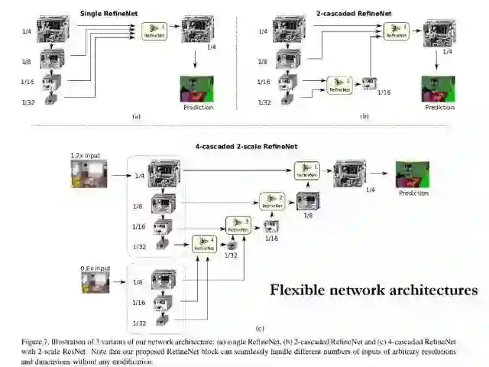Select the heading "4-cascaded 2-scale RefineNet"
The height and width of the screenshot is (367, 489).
pos(243,145)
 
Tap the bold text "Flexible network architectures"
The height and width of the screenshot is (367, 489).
pos(374,290)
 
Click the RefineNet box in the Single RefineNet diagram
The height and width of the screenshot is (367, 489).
pos(154,31)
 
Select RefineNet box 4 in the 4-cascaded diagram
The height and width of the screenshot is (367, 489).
pos(204,244)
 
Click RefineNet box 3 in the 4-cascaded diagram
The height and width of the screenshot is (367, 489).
pos(237,225)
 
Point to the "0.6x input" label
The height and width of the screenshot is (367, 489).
pos(95,268)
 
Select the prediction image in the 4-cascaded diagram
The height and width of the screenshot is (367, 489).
pos(412,174)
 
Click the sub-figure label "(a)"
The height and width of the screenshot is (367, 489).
pos(136,116)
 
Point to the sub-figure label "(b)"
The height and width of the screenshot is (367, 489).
pos(364,116)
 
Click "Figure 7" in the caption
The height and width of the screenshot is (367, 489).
pos(40,339)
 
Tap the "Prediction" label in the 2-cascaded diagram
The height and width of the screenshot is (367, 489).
pos(439,107)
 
